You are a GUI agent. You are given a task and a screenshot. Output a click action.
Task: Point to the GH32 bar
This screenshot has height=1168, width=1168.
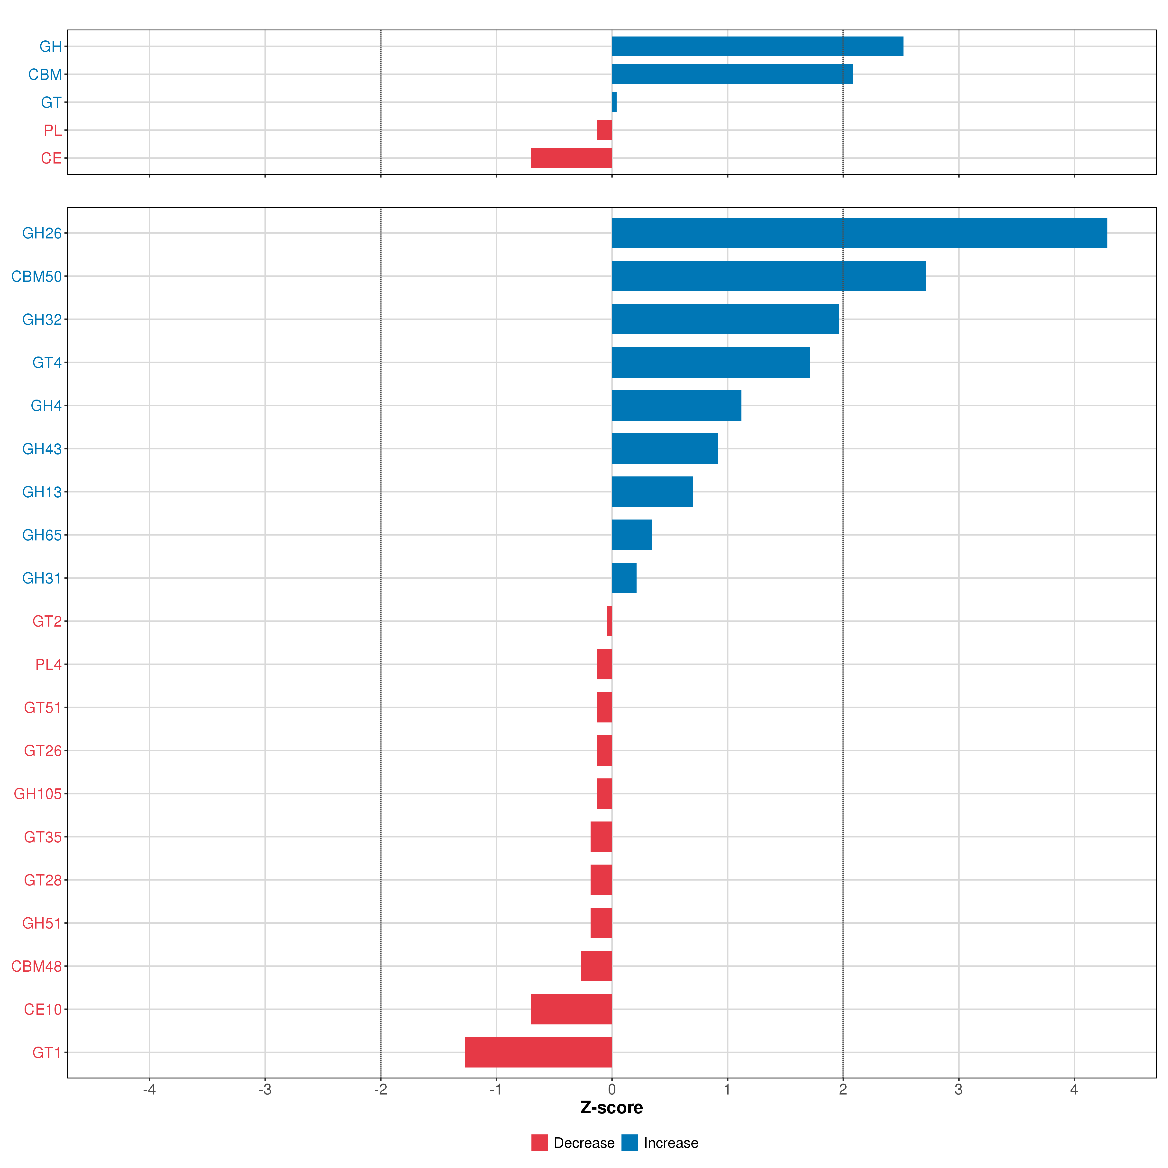pos(725,319)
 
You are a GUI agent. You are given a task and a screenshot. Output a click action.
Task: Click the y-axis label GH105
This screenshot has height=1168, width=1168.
pos(37,794)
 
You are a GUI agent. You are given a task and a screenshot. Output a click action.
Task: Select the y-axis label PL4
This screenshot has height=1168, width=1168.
pos(48,664)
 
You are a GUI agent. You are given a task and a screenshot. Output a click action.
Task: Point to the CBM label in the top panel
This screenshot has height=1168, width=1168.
pos(45,74)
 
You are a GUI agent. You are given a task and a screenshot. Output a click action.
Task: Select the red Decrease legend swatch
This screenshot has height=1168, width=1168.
pos(539,1143)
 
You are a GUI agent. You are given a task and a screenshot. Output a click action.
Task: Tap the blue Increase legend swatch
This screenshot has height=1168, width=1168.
pos(629,1143)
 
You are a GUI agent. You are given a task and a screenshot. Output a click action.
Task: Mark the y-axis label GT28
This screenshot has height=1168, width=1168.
pos(42,880)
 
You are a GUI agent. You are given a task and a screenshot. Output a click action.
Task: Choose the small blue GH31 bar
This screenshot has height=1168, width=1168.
pos(624,578)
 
